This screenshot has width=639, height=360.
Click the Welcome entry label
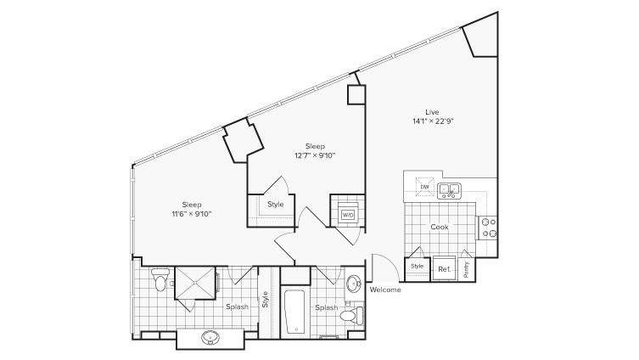tap(385, 290)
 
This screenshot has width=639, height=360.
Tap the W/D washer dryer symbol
tap(348, 215)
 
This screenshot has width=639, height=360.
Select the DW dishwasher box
tap(425, 187)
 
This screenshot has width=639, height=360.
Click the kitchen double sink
tap(449, 191)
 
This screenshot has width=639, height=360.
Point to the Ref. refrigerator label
tap(444, 269)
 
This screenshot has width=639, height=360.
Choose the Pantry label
tap(467, 269)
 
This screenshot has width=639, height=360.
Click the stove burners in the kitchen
tap(488, 228)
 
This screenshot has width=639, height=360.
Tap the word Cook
tap(440, 227)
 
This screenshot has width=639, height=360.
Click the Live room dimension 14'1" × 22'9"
tap(433, 121)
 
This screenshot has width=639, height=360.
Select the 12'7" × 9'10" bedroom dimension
tap(315, 155)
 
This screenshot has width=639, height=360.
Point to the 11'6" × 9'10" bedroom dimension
tap(192, 214)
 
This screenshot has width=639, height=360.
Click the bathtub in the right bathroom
tap(294, 312)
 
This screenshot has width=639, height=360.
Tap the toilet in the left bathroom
tap(160, 278)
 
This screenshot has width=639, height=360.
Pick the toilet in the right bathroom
tap(351, 316)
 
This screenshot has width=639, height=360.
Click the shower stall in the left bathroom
tap(195, 283)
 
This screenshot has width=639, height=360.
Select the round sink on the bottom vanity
tap(210, 337)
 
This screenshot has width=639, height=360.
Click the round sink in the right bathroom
tap(353, 284)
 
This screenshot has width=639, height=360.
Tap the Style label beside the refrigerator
tap(417, 266)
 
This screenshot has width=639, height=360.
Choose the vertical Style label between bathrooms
tap(266, 299)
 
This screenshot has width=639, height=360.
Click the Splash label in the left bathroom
tap(237, 307)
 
